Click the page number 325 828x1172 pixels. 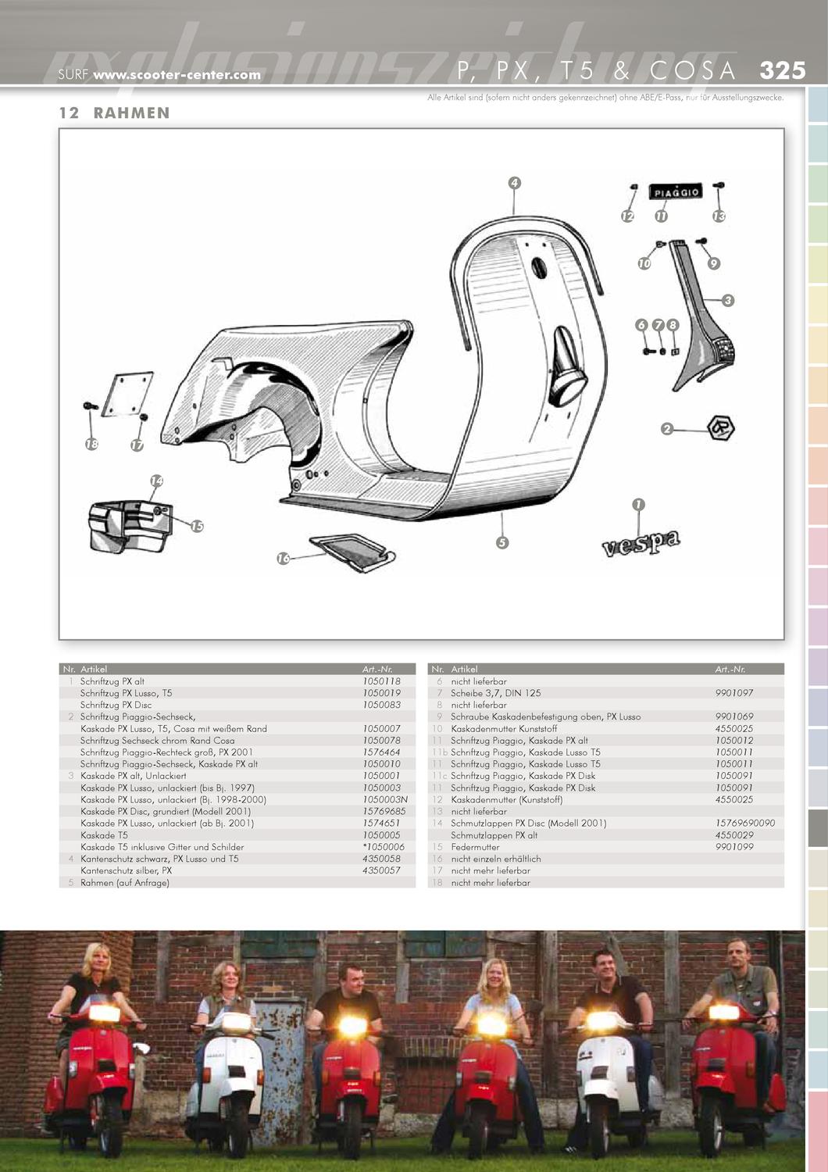(x=782, y=70)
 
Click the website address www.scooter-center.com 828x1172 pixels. (x=177, y=75)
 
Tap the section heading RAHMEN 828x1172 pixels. (x=131, y=113)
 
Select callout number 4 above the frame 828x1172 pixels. (x=514, y=184)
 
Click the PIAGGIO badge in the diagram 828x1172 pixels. (x=676, y=192)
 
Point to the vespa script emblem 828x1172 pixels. (x=641, y=542)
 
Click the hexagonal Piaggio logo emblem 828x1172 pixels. (x=720, y=427)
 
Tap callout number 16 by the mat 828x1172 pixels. (x=284, y=558)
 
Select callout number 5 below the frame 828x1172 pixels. (x=502, y=542)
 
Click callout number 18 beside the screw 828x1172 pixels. (x=92, y=444)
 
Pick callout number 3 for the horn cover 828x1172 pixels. (x=728, y=300)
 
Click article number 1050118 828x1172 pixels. (x=381, y=681)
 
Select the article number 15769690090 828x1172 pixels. (x=745, y=823)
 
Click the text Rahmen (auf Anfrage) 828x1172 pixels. (x=124, y=882)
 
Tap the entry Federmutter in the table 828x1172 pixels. (x=475, y=847)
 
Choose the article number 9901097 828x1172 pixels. (x=734, y=693)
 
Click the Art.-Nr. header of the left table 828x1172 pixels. (x=377, y=670)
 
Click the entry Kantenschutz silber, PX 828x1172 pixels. (x=126, y=870)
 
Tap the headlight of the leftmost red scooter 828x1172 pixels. (x=104, y=1013)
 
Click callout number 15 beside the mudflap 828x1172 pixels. (x=197, y=527)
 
